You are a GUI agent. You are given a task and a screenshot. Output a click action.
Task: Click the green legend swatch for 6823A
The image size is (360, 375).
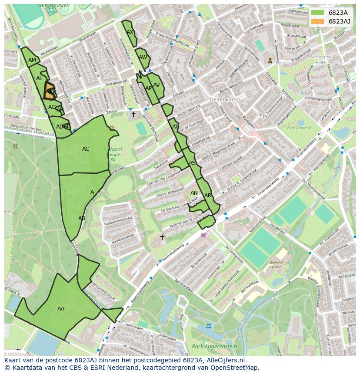tap(318, 13)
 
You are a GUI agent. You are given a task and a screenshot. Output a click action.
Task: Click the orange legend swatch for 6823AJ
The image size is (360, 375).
tap(318, 21)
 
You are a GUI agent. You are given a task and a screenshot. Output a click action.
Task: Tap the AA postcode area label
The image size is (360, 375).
tap(61, 309)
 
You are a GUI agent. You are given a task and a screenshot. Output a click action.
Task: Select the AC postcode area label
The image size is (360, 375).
tap(86, 149)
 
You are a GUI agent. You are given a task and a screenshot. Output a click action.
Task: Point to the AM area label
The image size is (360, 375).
tap(32, 60)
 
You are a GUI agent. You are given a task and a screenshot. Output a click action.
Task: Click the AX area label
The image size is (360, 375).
tap(130, 32)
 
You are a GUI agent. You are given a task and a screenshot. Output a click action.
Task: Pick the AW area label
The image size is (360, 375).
tap(143, 57)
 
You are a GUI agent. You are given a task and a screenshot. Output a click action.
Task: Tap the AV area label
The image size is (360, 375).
tap(157, 85)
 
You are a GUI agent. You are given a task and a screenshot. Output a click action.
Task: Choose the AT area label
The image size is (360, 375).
tap(175, 127)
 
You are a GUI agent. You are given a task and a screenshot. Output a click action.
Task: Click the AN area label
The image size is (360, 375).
tap(194, 193)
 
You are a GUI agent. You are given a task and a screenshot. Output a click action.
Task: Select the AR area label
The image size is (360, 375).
tap(208, 196)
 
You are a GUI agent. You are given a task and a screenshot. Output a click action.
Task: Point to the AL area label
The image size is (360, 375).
tap(39, 78)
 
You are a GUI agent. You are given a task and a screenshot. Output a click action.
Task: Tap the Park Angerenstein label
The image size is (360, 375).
tap(214, 347)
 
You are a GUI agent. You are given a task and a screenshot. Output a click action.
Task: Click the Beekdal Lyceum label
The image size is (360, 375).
tap(277, 265)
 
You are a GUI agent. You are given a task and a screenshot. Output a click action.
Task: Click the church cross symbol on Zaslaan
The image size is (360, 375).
tap(133, 114)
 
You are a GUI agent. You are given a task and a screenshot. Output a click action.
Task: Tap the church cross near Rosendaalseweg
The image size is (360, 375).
tap(162, 237)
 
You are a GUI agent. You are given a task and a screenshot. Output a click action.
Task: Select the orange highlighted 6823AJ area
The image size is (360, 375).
tap(50, 91)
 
